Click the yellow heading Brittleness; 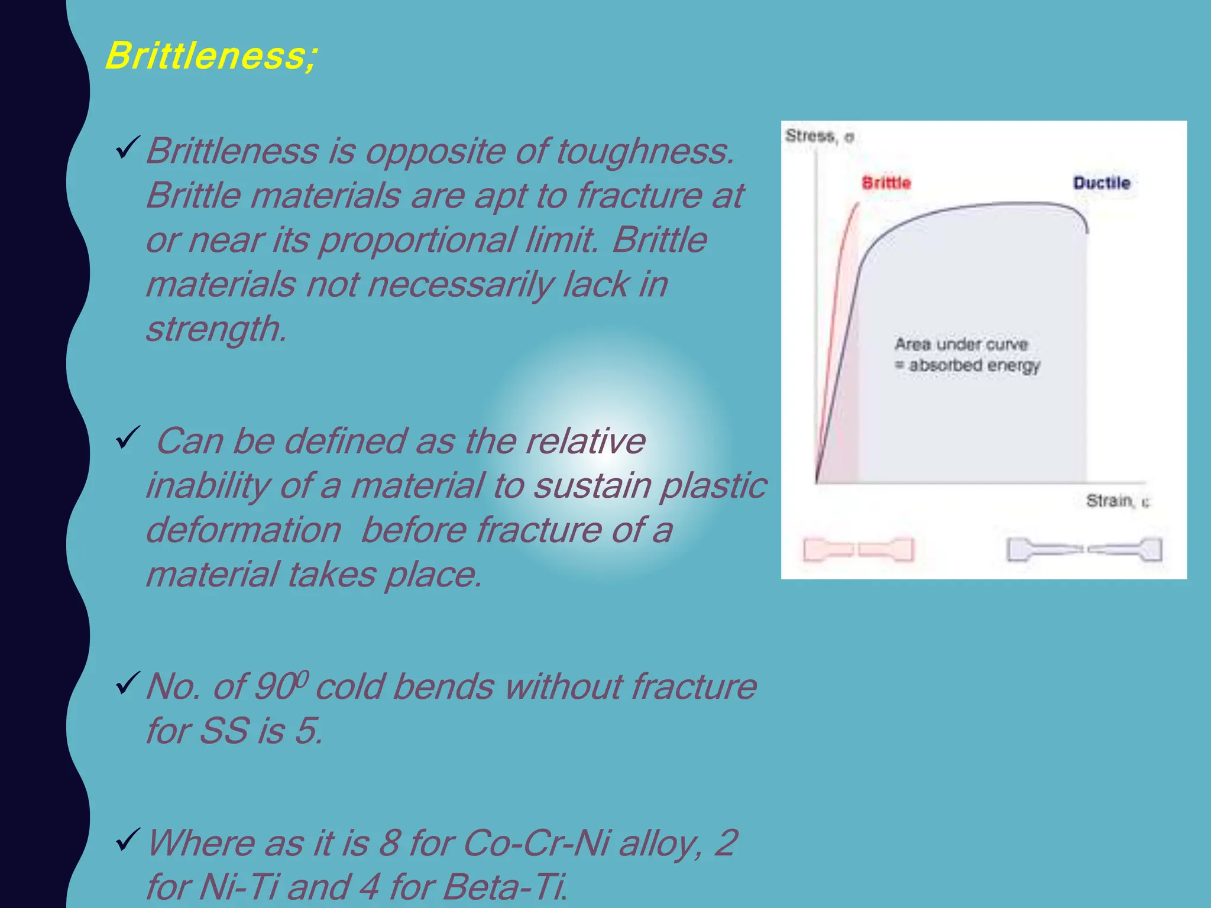[211, 56]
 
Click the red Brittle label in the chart [886, 183]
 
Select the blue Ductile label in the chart [1102, 183]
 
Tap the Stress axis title [819, 137]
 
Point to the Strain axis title [1117, 501]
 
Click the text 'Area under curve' [961, 344]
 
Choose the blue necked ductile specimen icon [1084, 550]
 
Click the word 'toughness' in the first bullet [645, 151]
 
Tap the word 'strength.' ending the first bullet [216, 329]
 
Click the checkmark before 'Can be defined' [128, 438]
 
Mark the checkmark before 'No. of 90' [128, 683]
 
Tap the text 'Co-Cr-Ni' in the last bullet [536, 842]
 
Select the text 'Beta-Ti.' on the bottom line [505, 887]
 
